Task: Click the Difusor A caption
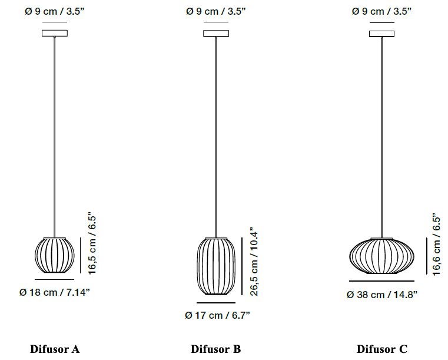click(55, 349)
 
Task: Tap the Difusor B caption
click(215, 349)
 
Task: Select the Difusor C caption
click(381, 349)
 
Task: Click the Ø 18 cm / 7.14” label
click(55, 292)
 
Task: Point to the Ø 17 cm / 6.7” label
click(217, 315)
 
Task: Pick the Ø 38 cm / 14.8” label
click(382, 295)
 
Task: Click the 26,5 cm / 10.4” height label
click(254, 262)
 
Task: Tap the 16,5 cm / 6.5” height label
click(92, 243)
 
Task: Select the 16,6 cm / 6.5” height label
click(436, 244)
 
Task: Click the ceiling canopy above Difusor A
click(55, 33)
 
